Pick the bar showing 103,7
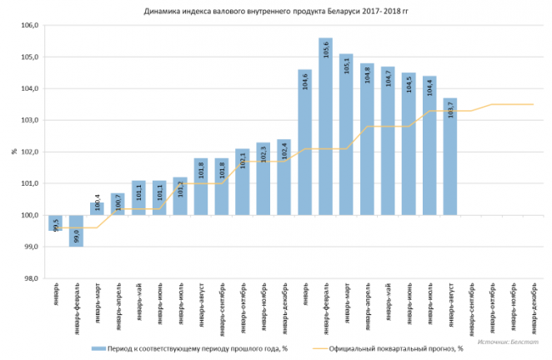click(x=450, y=158)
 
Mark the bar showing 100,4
click(x=97, y=208)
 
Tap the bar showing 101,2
click(x=180, y=196)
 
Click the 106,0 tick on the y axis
click(x=30, y=26)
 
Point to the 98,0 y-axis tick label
click(x=30, y=278)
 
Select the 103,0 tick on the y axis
click(x=30, y=120)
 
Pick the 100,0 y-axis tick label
click(x=30, y=215)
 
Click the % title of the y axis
click(x=14, y=152)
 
